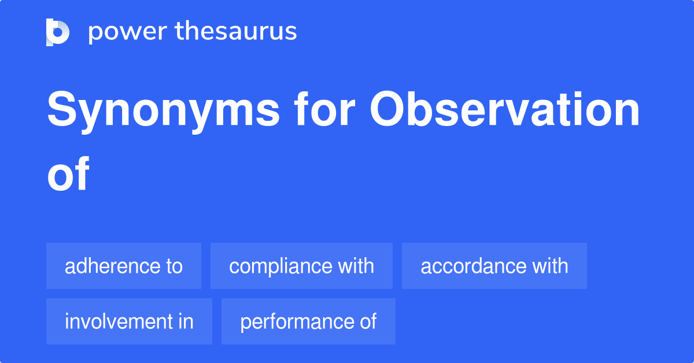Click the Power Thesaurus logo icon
[x=58, y=32]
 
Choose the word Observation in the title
[x=505, y=110]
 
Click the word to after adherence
[x=173, y=266]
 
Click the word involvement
[x=120, y=321]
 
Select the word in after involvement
[x=186, y=321]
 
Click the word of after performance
[x=368, y=321]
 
